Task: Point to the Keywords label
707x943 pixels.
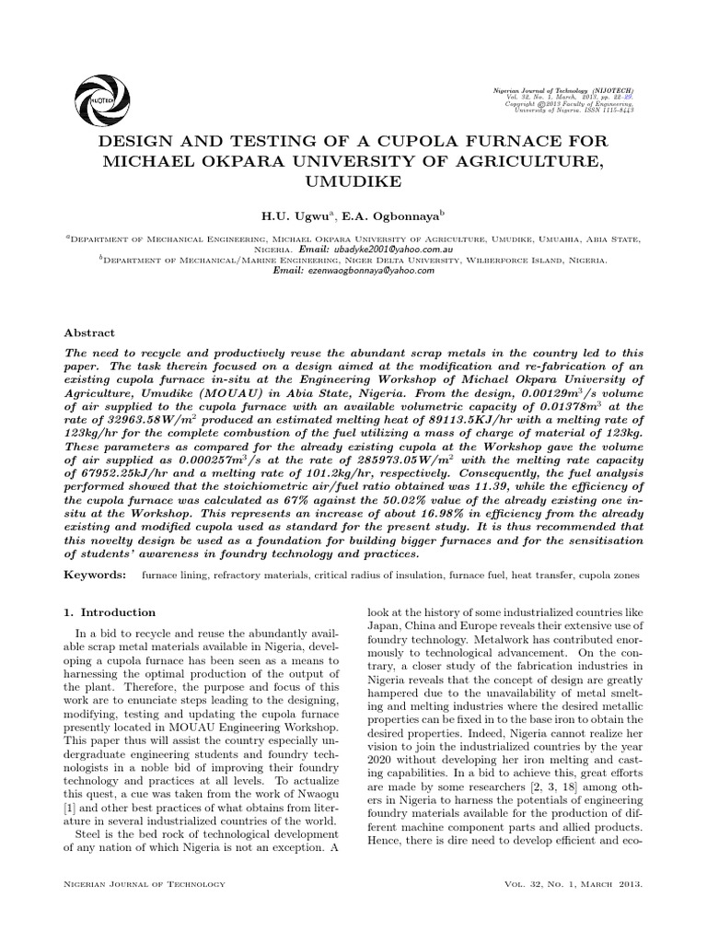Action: pyautogui.click(x=95, y=575)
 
